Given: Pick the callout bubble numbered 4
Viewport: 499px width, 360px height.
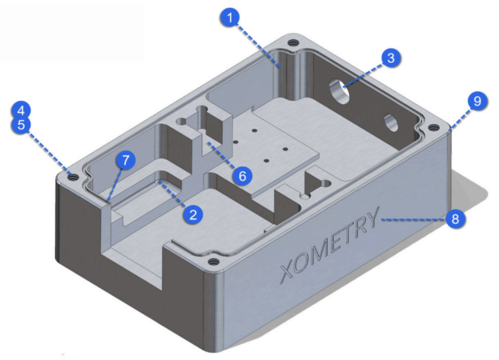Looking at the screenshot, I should pos(21,109).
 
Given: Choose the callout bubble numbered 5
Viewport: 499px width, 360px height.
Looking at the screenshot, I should pos(21,125).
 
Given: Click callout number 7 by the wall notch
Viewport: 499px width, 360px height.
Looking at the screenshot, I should pos(125,159).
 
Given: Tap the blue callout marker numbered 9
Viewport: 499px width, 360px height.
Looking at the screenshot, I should pos(477,101).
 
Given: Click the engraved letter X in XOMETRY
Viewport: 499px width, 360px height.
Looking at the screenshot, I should pos(286,269).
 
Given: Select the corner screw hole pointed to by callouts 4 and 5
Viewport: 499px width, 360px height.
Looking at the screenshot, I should pos(73,177).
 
